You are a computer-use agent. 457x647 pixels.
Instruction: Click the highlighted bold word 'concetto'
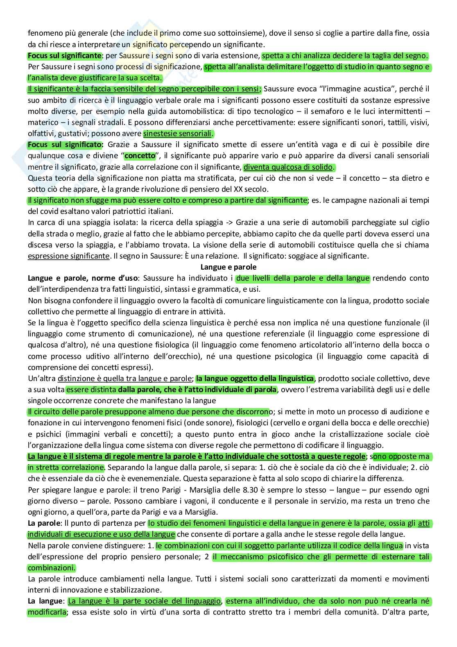tap(140, 156)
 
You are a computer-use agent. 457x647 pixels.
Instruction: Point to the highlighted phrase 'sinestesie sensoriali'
tap(178, 134)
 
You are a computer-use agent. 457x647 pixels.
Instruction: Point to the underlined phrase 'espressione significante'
tap(68, 256)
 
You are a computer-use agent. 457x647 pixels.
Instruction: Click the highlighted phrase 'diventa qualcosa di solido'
tap(289, 167)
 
